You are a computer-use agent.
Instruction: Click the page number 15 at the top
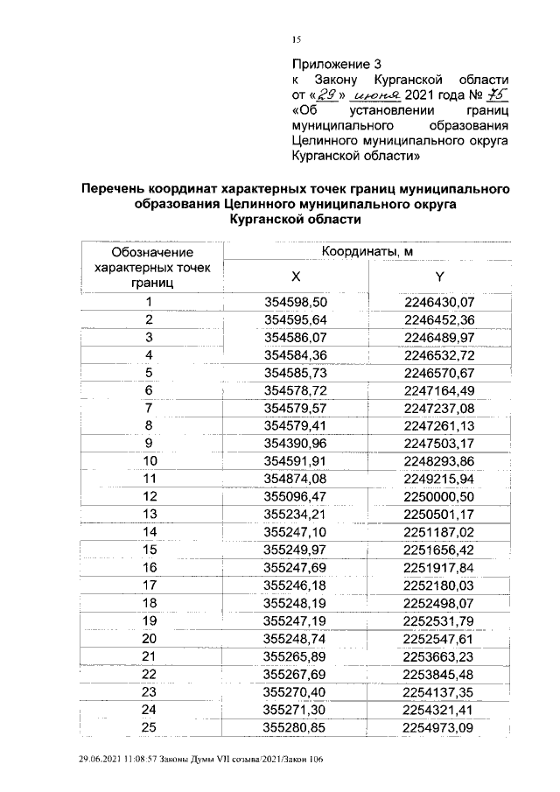point(296,39)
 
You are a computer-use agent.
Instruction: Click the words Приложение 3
point(336,64)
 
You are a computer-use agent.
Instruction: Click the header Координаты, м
point(367,252)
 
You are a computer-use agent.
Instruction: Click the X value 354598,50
point(295,302)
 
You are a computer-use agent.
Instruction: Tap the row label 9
point(150,442)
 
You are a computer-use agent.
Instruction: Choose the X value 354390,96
point(295,442)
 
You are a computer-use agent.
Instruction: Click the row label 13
point(150,513)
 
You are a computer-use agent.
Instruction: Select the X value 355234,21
point(295,513)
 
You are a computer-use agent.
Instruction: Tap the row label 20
point(150,638)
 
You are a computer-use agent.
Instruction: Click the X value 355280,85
point(295,726)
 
